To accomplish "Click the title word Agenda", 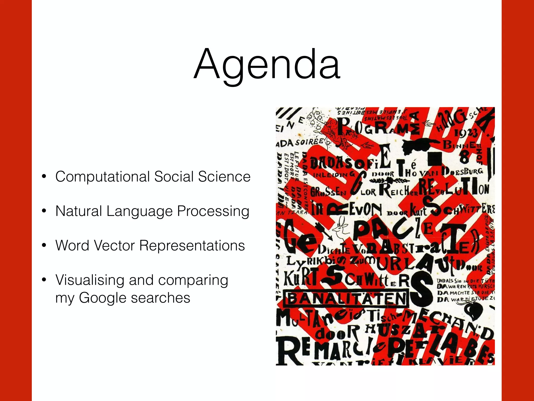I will click(267, 65).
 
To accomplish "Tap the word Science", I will click(224, 176).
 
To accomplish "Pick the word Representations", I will click(192, 246).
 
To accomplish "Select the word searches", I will click(161, 298).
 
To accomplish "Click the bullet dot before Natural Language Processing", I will click(44, 211).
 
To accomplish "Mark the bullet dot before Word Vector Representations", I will click(44, 245).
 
